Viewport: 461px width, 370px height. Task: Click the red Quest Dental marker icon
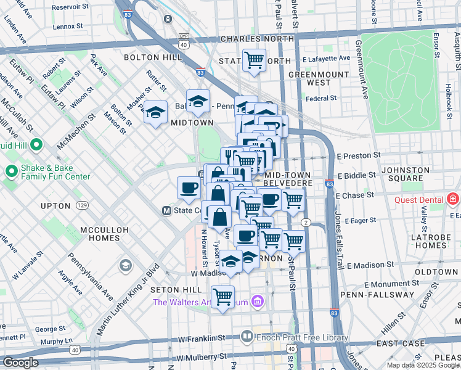coord(453,199)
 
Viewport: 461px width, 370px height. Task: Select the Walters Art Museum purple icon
coord(258,302)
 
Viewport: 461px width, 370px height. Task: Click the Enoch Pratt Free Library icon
coord(247,337)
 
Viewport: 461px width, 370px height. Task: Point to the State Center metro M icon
coord(166,210)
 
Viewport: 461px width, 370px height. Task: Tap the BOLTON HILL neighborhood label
coord(153,57)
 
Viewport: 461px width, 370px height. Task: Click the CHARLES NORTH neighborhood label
coord(250,38)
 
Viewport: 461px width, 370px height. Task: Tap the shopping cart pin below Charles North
coord(254,60)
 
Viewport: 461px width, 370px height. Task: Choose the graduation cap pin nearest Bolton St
coord(155,113)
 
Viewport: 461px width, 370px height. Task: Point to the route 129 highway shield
coord(83,205)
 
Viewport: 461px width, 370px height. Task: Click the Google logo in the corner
coord(20,363)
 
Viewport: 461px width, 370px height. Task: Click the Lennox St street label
coord(68,27)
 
